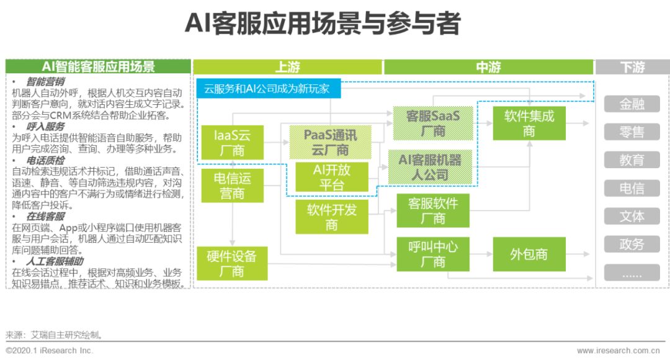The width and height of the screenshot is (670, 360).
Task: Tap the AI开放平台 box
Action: (331, 177)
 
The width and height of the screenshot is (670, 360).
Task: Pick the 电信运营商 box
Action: (233, 186)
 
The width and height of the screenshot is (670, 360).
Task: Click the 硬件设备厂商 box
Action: (231, 263)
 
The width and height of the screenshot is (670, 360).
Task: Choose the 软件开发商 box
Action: (331, 217)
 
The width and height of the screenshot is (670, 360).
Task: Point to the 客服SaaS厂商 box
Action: (432, 123)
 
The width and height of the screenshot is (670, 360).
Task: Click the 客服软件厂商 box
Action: (432, 210)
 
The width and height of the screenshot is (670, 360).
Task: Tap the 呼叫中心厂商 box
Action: (432, 254)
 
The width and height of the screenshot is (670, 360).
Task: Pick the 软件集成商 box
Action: (529, 123)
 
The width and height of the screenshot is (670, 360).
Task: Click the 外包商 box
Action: (529, 254)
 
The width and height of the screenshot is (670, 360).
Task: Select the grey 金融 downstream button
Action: (632, 104)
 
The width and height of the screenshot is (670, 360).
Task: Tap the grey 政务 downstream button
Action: (632, 245)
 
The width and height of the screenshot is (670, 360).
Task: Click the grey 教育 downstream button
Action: (632, 160)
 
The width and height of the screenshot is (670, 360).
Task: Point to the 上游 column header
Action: (287, 67)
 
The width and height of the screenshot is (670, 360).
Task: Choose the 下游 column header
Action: (632, 67)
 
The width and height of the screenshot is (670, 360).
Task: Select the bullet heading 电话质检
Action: (46, 160)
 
